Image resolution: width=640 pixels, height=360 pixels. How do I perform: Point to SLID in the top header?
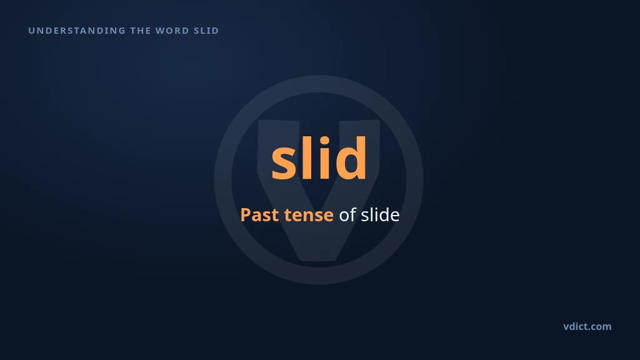206,31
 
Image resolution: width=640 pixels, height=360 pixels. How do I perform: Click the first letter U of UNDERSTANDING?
31,31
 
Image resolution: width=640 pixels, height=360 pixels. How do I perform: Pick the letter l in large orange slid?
304,157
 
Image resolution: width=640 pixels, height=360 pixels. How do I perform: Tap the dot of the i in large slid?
324,141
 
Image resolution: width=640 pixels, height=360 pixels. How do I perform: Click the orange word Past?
259,215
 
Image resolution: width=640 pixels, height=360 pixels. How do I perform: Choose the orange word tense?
309,216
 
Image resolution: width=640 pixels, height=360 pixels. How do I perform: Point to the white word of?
347,215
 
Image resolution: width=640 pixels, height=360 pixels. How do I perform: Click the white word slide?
380,215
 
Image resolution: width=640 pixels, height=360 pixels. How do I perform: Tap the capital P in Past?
245,215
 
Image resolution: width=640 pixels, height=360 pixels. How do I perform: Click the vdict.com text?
587,326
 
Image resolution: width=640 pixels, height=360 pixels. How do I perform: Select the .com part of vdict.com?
600,327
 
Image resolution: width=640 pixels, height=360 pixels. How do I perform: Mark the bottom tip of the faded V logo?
318,260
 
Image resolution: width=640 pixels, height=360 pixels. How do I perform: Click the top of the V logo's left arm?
278,121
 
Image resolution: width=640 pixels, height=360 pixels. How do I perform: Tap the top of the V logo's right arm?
359,121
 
